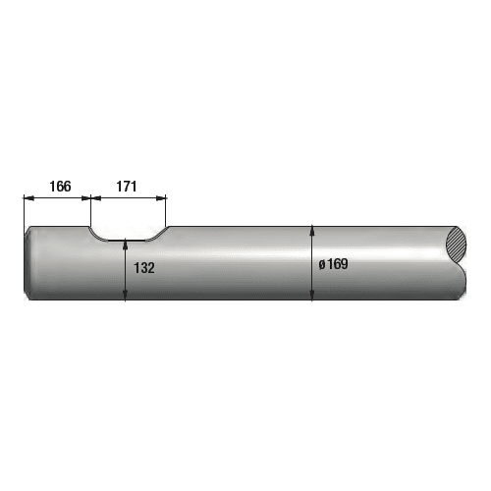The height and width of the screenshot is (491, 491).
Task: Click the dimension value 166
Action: point(60,187)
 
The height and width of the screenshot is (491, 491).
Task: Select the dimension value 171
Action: point(127,187)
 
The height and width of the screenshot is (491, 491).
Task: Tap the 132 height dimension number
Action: point(144,268)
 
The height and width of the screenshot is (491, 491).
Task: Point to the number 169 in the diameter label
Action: point(338,264)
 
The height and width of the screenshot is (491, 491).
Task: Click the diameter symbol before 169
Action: point(322,264)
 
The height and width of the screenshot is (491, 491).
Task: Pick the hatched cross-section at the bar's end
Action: point(456,244)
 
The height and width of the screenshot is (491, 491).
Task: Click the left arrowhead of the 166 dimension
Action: point(29,197)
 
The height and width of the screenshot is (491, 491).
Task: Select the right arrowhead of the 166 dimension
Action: point(85,197)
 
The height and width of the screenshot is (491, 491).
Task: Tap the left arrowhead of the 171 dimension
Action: point(96,197)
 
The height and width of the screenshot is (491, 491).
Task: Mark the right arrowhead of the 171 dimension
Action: point(161,197)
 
